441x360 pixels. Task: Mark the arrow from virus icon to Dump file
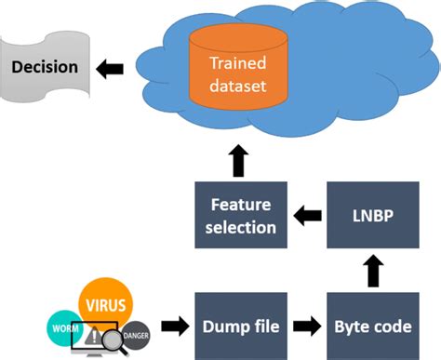[174, 327]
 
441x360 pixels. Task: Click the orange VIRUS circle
[105, 301]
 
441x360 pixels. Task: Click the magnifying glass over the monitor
[114, 341]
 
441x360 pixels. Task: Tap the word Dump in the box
[220, 326]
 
